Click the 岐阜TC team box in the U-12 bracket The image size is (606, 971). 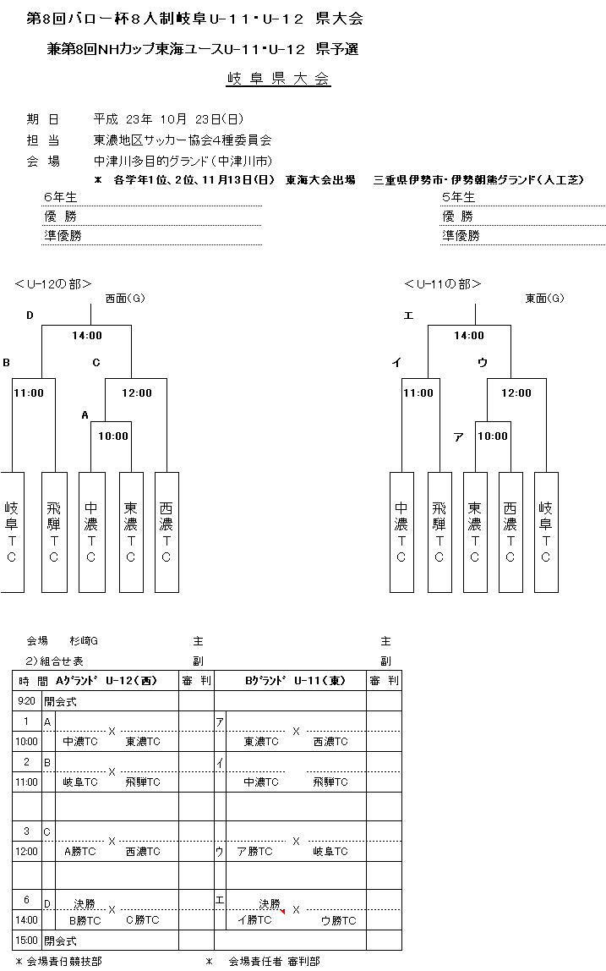click(12, 531)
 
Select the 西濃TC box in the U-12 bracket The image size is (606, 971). click(167, 531)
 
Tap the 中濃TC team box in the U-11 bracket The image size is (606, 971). click(401, 531)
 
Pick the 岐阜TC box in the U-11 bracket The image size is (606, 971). click(546, 531)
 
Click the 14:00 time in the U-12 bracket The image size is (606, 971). click(87, 336)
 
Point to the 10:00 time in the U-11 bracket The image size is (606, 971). click(493, 436)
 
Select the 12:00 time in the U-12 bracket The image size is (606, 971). click(137, 392)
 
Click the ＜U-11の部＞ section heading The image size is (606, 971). click(442, 284)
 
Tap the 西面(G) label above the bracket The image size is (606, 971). click(125, 298)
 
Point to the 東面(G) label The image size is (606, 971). click(544, 298)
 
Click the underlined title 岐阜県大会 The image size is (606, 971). click(278, 80)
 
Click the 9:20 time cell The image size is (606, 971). click(27, 701)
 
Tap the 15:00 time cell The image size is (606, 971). click(27, 940)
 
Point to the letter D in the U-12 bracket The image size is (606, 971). click(30, 315)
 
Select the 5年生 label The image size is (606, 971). click(459, 196)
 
